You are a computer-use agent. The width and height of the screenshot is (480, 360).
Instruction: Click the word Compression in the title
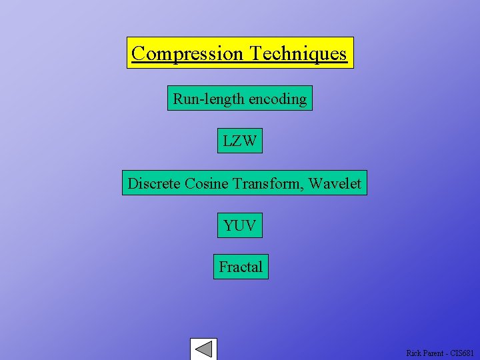pyautogui.click(x=187, y=53)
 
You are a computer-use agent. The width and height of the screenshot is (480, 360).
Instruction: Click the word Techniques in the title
pyautogui.click(x=298, y=53)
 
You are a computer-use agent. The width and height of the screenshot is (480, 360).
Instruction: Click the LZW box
pyautogui.click(x=240, y=141)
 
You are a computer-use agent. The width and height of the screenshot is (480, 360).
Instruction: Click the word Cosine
pyautogui.click(x=207, y=183)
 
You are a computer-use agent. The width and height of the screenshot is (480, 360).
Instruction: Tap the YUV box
pyautogui.click(x=240, y=225)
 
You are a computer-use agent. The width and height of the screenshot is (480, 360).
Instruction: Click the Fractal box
pyautogui.click(x=241, y=267)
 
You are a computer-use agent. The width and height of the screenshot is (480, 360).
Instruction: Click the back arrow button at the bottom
pyautogui.click(x=203, y=349)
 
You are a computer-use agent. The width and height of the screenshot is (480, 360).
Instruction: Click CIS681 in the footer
pyautogui.click(x=462, y=353)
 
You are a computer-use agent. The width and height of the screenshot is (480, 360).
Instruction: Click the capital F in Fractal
pyautogui.click(x=223, y=267)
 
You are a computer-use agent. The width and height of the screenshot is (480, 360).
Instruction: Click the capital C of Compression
pyautogui.click(x=138, y=53)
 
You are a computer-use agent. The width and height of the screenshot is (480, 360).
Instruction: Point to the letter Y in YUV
pyautogui.click(x=229, y=225)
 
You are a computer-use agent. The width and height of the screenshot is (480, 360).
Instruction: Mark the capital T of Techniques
pyautogui.click(x=255, y=53)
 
